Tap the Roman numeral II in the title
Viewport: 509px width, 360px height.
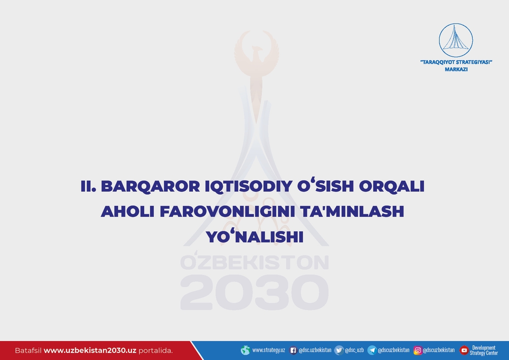click(88, 186)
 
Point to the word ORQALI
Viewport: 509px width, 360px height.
click(392, 186)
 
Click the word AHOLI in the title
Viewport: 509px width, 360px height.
click(128, 211)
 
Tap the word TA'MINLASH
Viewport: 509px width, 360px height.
click(352, 211)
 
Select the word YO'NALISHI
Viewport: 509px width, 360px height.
click(255, 237)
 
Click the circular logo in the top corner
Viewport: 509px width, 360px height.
click(456, 40)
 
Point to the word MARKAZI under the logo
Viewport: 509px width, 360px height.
click(456, 69)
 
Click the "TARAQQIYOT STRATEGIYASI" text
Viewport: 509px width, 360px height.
click(456, 62)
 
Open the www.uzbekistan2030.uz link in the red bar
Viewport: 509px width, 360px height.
click(90, 351)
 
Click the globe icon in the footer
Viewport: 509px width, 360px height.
click(246, 350)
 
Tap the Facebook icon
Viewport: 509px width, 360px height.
click(293, 350)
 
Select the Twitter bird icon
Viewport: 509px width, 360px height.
click(339, 350)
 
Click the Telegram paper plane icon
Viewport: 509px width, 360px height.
click(372, 350)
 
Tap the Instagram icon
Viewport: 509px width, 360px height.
click(418, 350)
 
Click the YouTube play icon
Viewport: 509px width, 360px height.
click(464, 350)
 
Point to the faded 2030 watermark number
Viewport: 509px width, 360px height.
click(254, 292)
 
